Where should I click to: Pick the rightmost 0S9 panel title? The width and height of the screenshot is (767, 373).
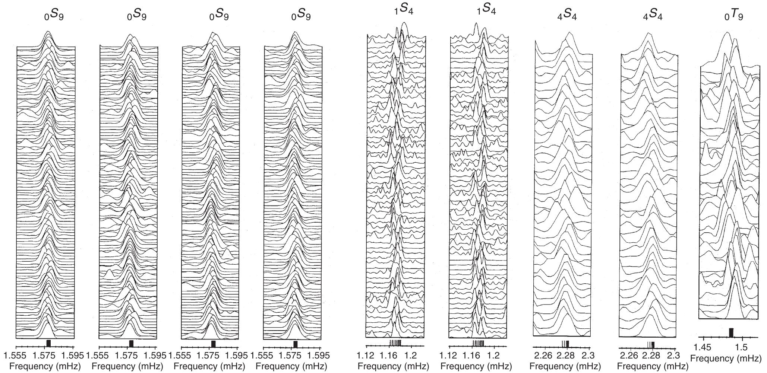(301, 16)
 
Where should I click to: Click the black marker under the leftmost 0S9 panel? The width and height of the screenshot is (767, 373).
(48, 343)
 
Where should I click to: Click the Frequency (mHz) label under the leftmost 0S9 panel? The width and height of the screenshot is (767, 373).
(45, 366)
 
